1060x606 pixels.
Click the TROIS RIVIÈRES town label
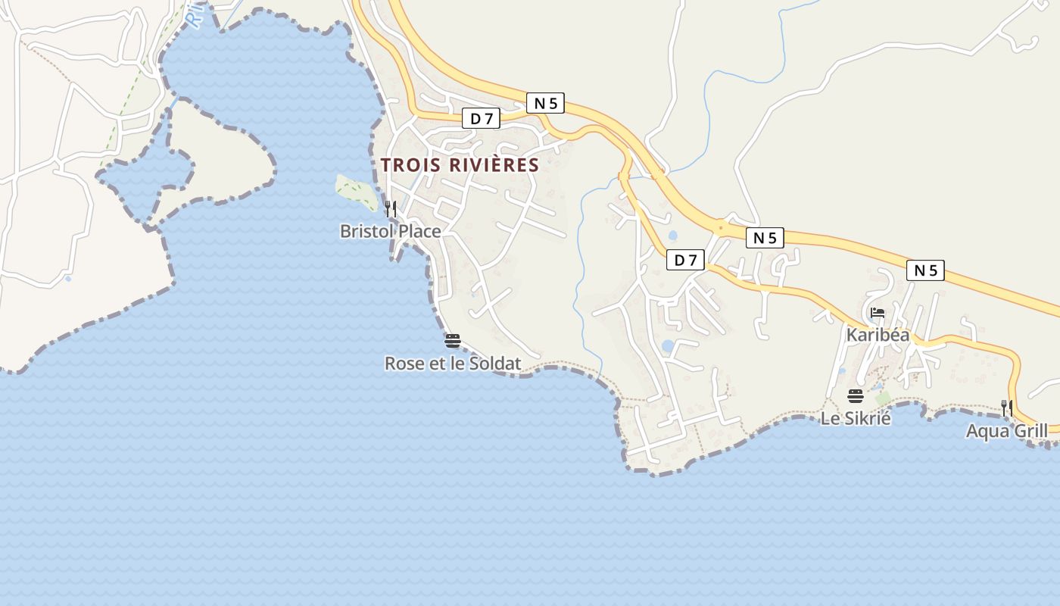click(x=460, y=165)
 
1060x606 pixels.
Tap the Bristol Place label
click(x=390, y=231)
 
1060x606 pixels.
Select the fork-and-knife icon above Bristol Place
click(x=391, y=209)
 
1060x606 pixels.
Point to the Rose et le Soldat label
click(x=453, y=364)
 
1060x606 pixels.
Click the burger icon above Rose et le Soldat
click(x=453, y=340)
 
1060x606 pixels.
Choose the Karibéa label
click(x=878, y=334)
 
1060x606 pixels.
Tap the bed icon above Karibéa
click(x=878, y=311)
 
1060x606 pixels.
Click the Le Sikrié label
click(x=856, y=418)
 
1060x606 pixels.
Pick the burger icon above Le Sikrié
click(x=856, y=395)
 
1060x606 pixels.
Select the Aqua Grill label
click(x=1006, y=431)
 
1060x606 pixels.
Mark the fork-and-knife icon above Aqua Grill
click(x=1006, y=408)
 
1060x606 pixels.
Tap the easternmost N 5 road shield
click(x=925, y=270)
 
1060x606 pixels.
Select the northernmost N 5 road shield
click(x=545, y=103)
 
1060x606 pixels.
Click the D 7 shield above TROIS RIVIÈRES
click(x=482, y=118)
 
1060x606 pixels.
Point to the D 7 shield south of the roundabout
click(x=685, y=260)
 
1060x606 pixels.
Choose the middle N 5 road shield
click(x=765, y=237)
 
